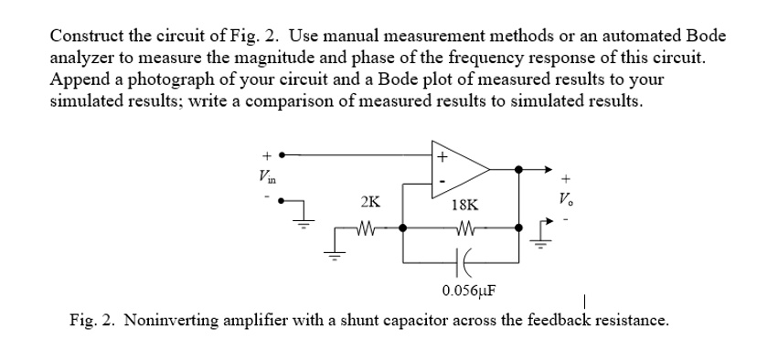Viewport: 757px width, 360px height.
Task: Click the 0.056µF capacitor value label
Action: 468,291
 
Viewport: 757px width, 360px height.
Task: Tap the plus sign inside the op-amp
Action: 442,156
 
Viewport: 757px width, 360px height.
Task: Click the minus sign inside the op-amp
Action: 442,181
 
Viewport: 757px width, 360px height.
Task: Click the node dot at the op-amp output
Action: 519,169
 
